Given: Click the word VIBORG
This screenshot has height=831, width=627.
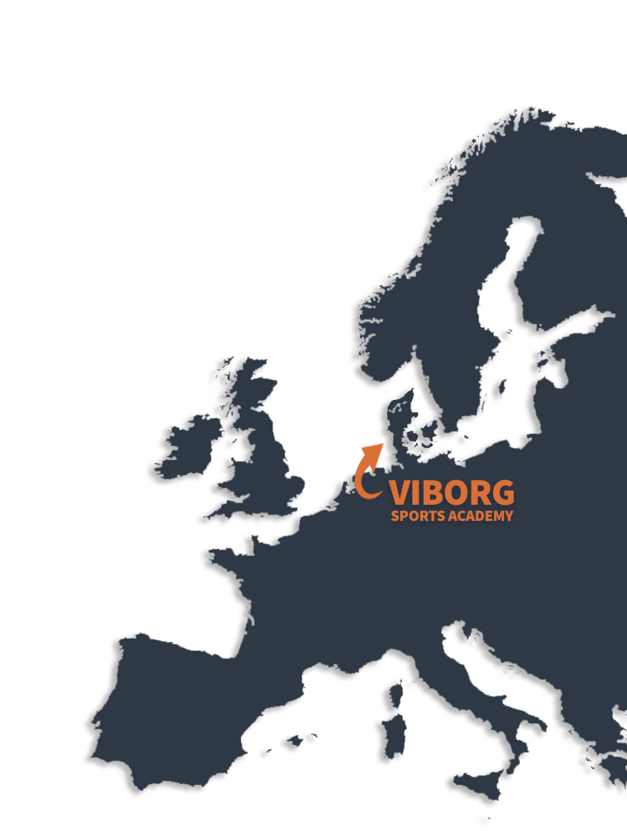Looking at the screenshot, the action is point(452,493).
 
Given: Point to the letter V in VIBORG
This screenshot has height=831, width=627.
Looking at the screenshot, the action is point(401,493).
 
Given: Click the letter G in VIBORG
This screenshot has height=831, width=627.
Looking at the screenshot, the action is point(502,493).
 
